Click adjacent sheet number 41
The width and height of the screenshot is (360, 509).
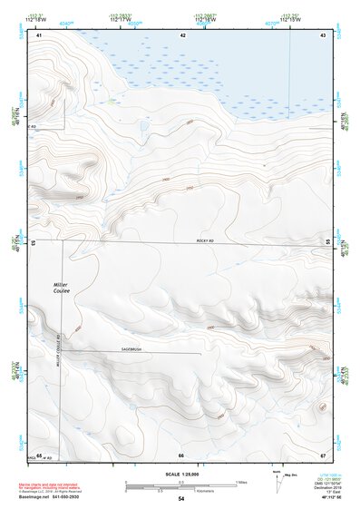pos(40,34)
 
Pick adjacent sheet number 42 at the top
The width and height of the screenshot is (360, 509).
pos(182,34)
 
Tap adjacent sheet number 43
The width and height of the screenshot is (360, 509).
pos(322,34)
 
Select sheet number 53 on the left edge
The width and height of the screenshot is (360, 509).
pos(34,243)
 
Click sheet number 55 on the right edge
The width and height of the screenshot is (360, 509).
pos(327,241)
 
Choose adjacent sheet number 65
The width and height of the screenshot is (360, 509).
pos(39,455)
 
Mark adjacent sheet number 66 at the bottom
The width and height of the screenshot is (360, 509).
pos(181,455)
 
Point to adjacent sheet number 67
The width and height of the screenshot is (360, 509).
pos(322,455)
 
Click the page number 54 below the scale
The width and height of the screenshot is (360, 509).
pos(181,499)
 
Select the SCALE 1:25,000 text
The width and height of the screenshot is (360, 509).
pos(182,474)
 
